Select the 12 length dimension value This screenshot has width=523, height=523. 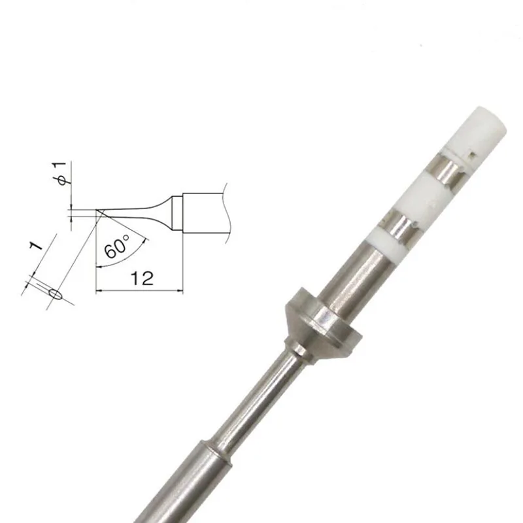[x=141, y=278]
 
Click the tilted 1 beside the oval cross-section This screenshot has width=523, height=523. [x=35, y=248]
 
